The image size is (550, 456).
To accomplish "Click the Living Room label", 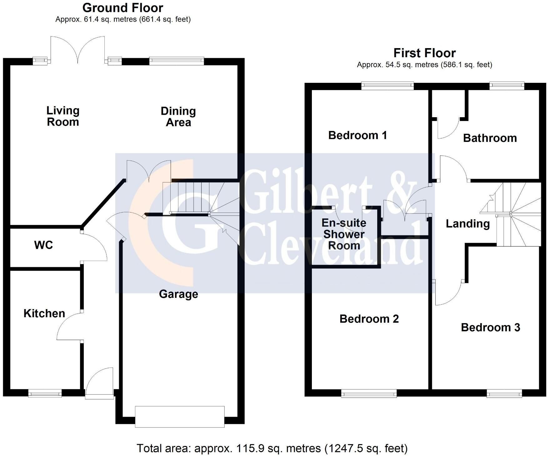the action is pos(63,116).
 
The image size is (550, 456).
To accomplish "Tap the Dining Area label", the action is pos(178,117).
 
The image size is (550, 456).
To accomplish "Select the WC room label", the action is pos(43,245).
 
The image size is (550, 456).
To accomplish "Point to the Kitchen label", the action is pos(44,313).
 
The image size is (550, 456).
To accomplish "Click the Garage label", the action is pos(178,294).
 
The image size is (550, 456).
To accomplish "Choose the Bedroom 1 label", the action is pos(357,135).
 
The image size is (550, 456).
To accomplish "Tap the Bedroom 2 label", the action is pos(369,319).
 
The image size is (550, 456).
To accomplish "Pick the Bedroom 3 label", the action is pos(490,327).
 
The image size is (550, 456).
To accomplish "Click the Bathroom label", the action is pos(490,138).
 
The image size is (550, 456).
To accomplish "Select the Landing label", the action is pos(468,224).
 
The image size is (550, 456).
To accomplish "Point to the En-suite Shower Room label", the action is pos(344,234).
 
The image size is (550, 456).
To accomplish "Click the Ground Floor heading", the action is pos(123,8).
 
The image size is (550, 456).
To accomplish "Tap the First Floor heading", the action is pos(425,53).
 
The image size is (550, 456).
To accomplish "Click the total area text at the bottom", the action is pos(272,448).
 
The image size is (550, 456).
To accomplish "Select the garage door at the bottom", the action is pos(180,417).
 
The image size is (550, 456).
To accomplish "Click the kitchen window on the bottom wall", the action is pos(45,393).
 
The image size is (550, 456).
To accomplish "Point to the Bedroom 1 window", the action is pos(388,86).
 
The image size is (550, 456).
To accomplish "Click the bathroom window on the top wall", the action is pos(507,86).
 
